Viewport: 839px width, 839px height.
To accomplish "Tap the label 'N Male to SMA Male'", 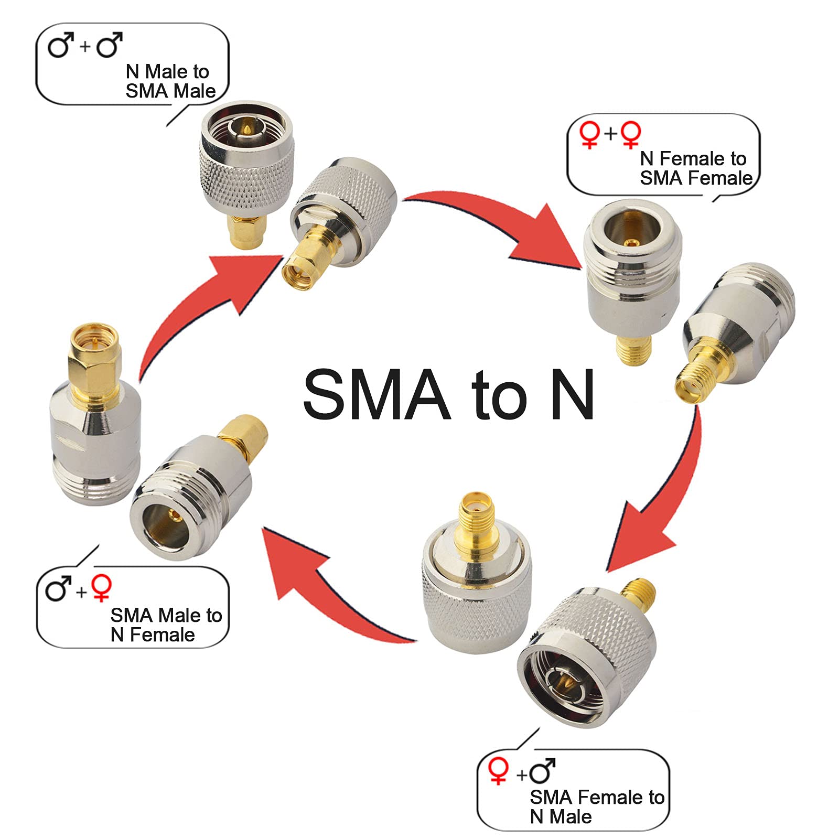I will (x=170, y=81).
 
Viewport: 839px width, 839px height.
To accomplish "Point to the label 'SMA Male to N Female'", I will (x=166, y=625).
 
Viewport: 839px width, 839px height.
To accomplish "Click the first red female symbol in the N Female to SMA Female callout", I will (x=589, y=135).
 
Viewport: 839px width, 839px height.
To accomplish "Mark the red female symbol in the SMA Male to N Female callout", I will (x=101, y=587).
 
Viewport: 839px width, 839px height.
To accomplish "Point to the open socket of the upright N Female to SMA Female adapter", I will (x=632, y=231).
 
